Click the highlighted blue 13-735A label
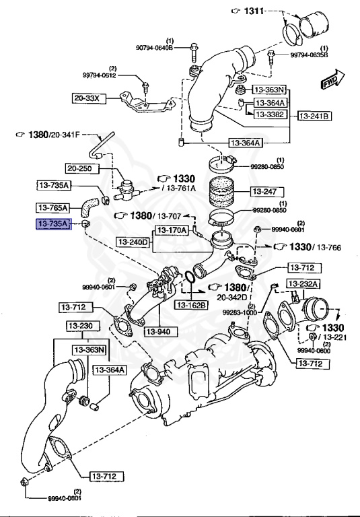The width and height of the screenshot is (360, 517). (x=53, y=224)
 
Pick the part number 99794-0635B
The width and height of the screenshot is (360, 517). (x=309, y=55)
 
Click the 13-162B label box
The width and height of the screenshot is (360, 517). (x=192, y=304)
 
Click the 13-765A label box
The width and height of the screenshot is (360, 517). (x=54, y=207)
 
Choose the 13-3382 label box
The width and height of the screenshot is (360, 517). (x=270, y=114)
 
